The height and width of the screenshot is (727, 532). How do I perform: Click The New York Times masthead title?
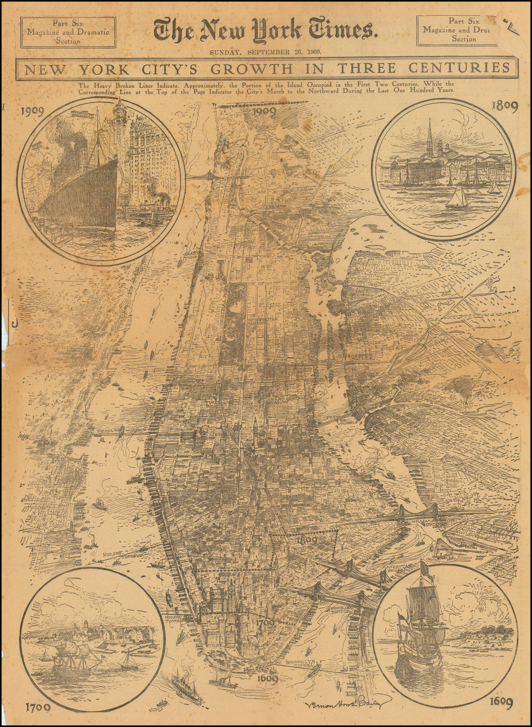point(265,30)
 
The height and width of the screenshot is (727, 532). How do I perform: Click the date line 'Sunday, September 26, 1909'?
point(265,52)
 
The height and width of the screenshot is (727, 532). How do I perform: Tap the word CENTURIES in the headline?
point(459,68)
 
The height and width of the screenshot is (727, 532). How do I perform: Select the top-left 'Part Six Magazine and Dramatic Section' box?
point(68,32)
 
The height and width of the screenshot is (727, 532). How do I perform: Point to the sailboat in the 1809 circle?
point(457,198)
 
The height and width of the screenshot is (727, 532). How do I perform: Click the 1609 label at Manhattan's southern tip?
point(265,678)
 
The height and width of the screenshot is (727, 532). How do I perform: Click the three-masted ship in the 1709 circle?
point(78,657)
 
